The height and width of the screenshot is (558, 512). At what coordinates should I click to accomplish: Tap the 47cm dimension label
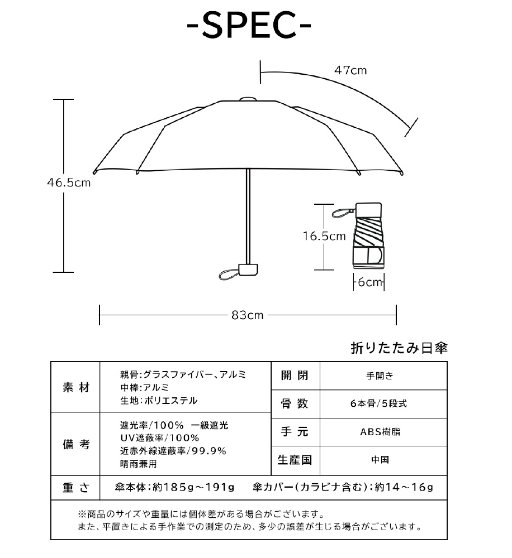(x=350, y=71)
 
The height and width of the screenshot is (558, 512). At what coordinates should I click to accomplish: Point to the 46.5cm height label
(x=68, y=182)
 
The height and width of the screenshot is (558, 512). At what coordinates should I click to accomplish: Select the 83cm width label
(x=248, y=315)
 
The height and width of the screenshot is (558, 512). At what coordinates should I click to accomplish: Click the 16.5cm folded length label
(x=324, y=236)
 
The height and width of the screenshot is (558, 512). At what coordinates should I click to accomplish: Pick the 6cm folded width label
(x=369, y=282)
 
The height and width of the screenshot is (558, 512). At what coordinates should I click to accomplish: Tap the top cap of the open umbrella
(x=248, y=99)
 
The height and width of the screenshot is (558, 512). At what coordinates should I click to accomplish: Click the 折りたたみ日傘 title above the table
(x=399, y=348)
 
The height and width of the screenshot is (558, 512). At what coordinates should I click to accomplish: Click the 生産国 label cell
(x=295, y=460)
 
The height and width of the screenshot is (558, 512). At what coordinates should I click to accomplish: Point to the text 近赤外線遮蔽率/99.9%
(x=173, y=451)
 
